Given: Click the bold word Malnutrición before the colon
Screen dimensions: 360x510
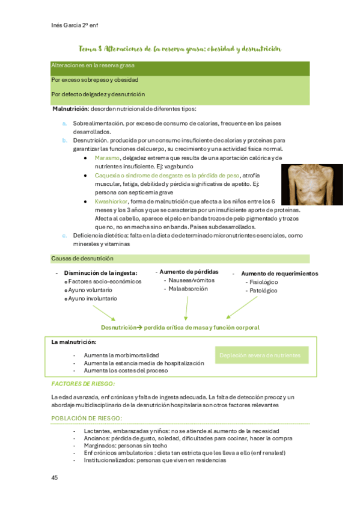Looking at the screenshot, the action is click(70, 109).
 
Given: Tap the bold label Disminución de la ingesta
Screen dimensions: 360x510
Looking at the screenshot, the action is click(101, 272).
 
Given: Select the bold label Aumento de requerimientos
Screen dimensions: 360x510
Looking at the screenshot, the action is click(279, 273).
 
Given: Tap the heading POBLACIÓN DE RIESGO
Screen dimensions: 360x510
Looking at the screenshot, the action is click(87, 418).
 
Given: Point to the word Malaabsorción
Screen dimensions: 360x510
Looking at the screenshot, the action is click(188, 289).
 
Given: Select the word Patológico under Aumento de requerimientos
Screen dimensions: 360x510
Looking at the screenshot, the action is click(261, 290).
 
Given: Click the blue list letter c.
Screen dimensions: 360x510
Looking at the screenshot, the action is click(64, 236).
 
